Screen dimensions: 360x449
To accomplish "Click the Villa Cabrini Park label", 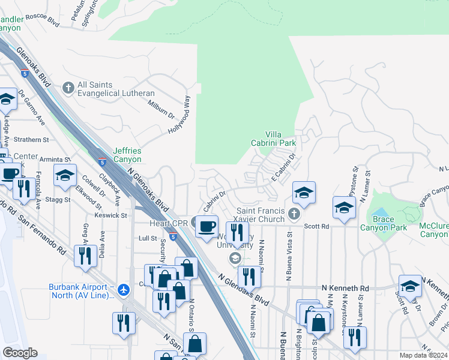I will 281,139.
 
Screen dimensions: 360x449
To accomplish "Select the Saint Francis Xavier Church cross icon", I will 293,214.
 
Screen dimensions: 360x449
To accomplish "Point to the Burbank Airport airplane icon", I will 124,290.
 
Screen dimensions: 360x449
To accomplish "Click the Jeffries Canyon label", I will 127,155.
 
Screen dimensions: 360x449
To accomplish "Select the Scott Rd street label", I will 317,226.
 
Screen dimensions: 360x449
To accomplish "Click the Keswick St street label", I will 111,214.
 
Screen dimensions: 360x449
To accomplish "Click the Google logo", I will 20,353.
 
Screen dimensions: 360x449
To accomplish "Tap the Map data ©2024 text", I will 424,355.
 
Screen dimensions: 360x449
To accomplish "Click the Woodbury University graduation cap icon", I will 235,258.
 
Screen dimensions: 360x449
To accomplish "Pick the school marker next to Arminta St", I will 65,176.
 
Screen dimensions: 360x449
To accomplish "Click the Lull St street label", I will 147,238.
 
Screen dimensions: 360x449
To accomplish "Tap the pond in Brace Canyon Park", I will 381,212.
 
